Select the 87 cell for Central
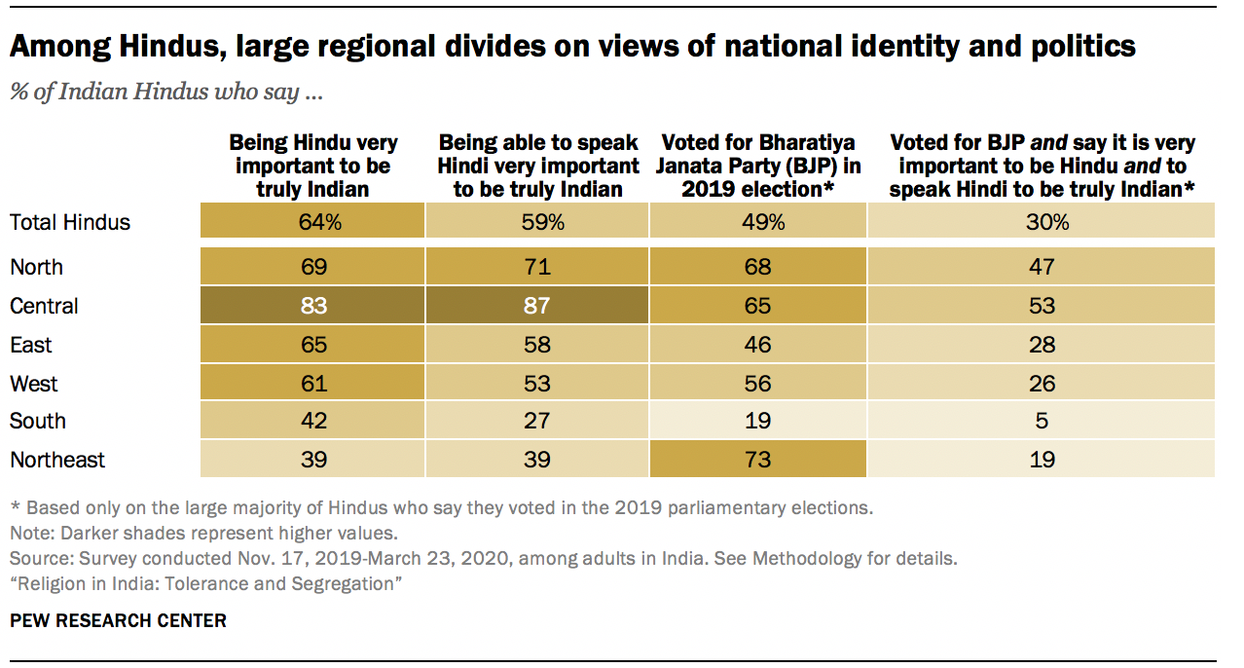536,307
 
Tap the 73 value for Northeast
756,460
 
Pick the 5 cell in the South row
1042,422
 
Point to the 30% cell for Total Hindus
1042,222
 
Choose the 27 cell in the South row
536,422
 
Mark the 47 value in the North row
1042,268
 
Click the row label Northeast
57,460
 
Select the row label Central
44,307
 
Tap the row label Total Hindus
69,222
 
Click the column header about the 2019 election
757,166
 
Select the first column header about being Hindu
312,166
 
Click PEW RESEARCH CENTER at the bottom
118,620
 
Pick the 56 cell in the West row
756,383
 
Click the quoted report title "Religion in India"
206,583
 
